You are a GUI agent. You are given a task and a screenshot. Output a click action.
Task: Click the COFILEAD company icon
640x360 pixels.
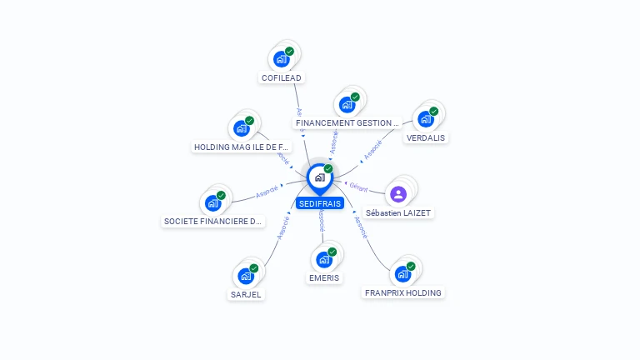(x=281, y=59)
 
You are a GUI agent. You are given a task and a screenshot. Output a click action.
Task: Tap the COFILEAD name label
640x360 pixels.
(x=281, y=78)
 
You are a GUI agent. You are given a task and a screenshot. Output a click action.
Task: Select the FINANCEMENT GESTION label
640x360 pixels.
(x=347, y=123)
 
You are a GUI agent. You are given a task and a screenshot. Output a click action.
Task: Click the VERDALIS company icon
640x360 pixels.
(x=426, y=118)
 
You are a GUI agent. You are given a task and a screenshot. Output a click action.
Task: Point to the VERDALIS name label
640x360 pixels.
(x=426, y=137)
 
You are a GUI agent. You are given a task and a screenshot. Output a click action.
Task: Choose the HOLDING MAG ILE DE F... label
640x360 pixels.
(x=242, y=147)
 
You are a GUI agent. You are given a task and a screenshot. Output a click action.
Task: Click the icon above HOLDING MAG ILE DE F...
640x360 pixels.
(x=242, y=128)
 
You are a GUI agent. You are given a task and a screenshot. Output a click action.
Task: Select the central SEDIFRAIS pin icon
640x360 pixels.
(x=319, y=177)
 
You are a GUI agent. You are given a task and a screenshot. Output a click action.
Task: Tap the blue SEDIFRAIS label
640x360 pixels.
(x=319, y=203)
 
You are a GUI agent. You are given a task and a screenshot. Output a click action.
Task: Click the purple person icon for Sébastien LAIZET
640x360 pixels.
(x=398, y=194)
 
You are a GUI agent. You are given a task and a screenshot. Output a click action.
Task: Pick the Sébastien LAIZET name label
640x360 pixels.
(x=399, y=213)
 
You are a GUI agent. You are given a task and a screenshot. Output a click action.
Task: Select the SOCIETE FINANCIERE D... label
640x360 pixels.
(x=213, y=222)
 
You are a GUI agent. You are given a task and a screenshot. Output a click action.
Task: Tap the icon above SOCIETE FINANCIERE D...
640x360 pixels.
(x=213, y=202)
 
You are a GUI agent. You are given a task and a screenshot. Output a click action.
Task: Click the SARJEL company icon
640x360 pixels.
(x=246, y=276)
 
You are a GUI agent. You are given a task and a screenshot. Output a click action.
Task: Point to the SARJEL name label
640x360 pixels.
(x=246, y=294)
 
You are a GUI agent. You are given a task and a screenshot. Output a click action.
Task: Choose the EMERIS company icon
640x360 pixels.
(x=324, y=259)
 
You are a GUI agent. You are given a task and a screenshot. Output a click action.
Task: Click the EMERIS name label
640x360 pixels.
(x=324, y=277)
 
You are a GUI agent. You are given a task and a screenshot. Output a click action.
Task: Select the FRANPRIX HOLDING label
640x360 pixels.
(x=403, y=292)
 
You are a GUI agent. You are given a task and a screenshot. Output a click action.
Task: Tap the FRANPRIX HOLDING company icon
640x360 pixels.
(x=403, y=273)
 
